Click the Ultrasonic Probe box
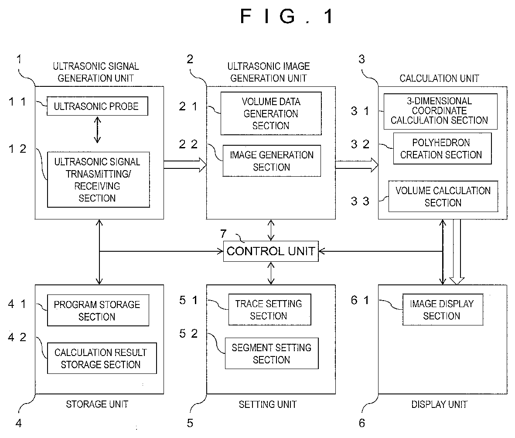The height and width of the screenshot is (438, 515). (x=97, y=106)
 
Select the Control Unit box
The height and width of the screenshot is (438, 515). (x=271, y=251)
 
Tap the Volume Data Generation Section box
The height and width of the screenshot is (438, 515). (x=271, y=113)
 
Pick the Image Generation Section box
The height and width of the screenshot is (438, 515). (x=272, y=161)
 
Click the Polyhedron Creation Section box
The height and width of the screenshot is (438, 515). (x=443, y=148)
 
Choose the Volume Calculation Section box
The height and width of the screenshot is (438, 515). (x=443, y=196)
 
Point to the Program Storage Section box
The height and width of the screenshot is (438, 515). (x=98, y=310)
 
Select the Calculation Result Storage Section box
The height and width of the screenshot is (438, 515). (x=102, y=358)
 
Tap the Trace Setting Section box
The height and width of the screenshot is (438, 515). (x=269, y=310)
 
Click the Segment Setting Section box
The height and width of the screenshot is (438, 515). (x=272, y=353)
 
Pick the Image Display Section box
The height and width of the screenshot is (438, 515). (x=443, y=310)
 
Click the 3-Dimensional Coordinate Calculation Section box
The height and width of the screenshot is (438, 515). (x=440, y=111)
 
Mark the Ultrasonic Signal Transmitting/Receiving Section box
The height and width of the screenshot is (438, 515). (x=98, y=179)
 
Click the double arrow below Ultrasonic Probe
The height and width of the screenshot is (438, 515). (x=97, y=130)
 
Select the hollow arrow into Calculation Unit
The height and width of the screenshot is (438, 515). (x=357, y=164)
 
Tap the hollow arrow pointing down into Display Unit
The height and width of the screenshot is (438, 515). (x=457, y=252)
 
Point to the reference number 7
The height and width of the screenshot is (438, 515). (x=223, y=234)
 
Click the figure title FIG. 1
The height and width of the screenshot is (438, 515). (x=287, y=16)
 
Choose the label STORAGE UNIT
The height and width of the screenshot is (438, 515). (x=97, y=404)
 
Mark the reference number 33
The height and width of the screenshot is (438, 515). (x=360, y=201)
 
